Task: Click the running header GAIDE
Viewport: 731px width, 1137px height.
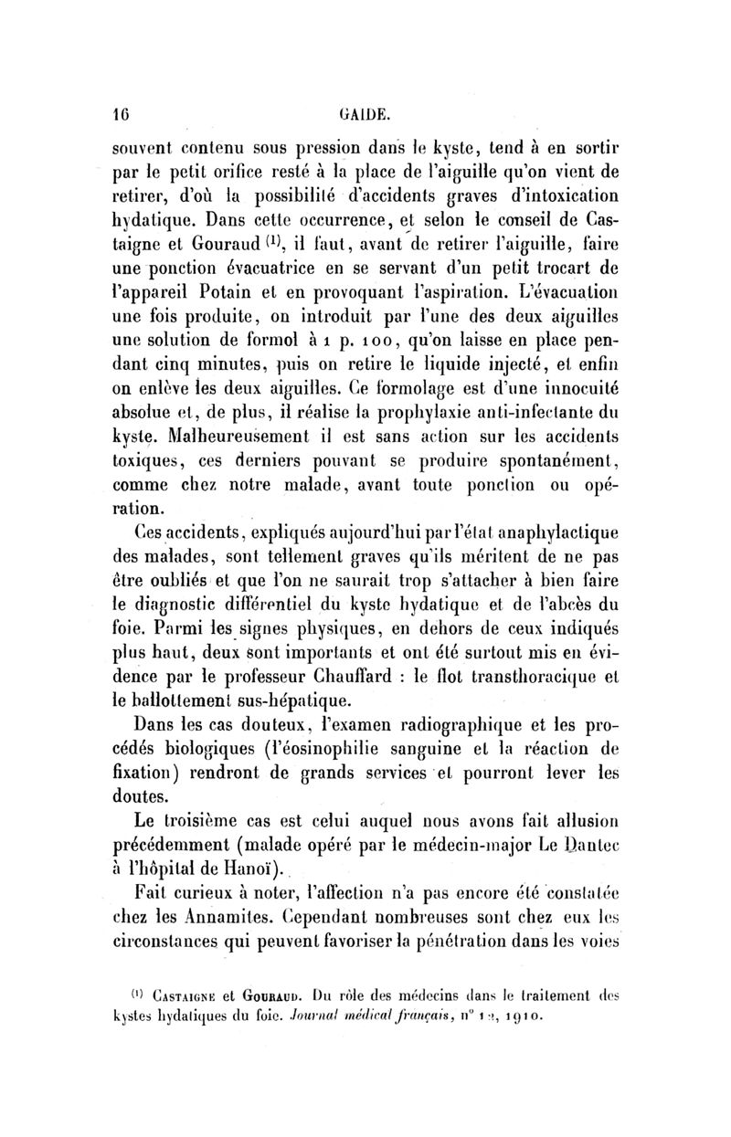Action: click(x=367, y=115)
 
